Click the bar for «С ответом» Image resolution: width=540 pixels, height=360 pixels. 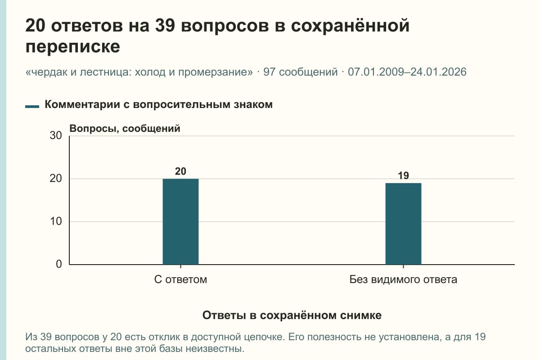(x=180, y=221)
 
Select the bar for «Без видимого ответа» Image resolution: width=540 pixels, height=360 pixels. (x=403, y=224)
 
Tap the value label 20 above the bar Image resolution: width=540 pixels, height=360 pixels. (x=180, y=171)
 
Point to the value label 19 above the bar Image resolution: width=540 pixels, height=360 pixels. (x=403, y=176)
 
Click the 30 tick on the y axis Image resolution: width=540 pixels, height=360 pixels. (x=56, y=135)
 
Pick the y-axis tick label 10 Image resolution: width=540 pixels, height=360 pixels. (x=56, y=221)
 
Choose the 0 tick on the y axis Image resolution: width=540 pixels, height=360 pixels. (x=59, y=264)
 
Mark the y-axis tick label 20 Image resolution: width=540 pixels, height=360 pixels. (x=56, y=179)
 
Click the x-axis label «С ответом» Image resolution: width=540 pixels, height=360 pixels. (x=180, y=279)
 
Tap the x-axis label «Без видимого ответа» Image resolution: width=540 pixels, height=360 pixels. (x=403, y=279)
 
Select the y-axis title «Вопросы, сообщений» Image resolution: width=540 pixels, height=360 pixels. (x=125, y=129)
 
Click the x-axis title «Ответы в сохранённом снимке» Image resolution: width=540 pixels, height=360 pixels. (x=292, y=315)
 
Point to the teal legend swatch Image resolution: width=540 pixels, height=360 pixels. (x=32, y=107)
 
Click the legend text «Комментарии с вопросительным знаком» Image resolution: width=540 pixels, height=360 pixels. (x=158, y=105)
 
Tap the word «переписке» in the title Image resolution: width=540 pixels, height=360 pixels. (x=72, y=46)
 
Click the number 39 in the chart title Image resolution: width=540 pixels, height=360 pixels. (x=165, y=26)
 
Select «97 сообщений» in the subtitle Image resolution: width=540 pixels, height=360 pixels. (x=301, y=72)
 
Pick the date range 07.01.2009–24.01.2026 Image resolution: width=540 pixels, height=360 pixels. (x=407, y=72)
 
